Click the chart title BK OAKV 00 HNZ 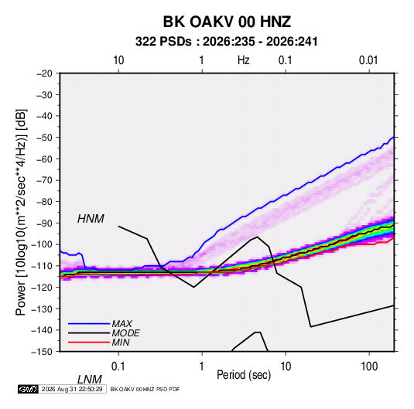227,22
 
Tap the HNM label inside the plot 91,219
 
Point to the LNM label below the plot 90,380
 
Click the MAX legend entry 121,323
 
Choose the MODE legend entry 125,333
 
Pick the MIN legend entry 121,343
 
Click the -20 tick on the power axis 44,73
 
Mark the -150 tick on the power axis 43,352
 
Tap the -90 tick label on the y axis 44,223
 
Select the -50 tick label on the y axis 44,138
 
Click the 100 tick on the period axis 369,366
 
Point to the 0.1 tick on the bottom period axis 118,366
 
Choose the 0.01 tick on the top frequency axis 368,60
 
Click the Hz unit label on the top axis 244,60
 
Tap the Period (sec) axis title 244,375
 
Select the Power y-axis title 21,212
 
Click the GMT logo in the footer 28,389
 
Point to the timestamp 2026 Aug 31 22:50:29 72,389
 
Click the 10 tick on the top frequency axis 118,60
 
